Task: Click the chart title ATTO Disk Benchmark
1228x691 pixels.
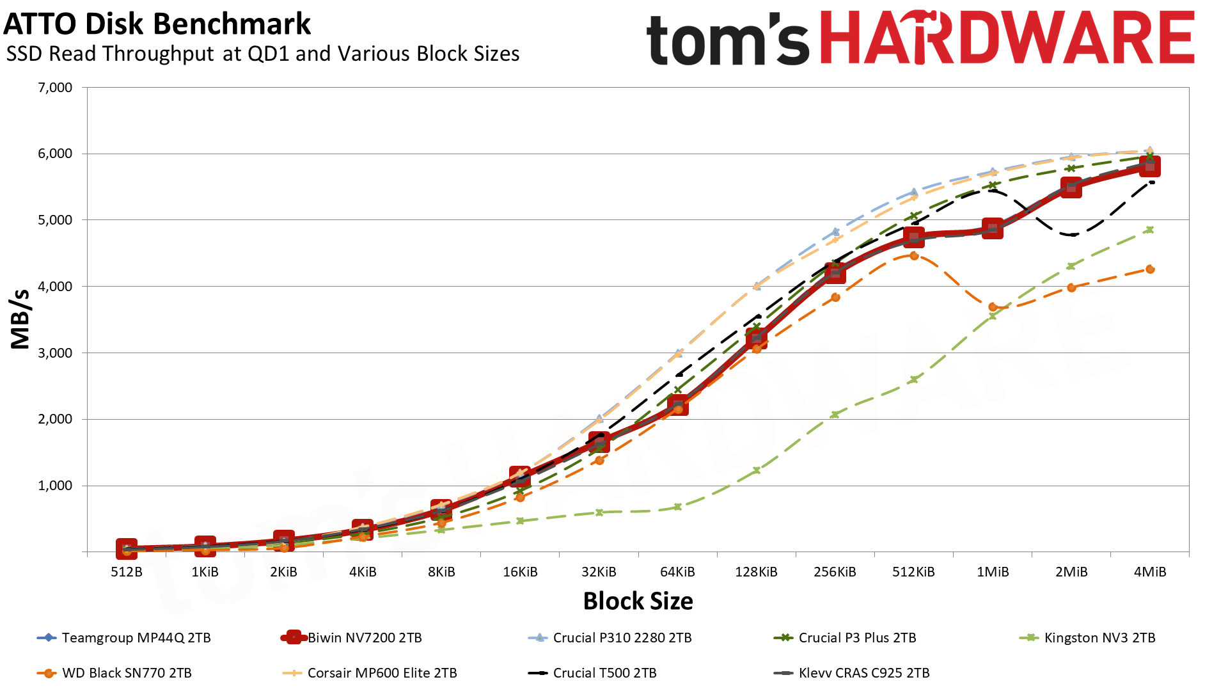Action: [157, 24]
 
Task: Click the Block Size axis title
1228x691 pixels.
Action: [638, 601]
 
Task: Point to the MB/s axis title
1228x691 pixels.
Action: [20, 319]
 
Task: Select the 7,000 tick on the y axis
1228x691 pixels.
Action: [55, 88]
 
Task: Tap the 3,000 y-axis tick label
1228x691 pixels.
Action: [55, 353]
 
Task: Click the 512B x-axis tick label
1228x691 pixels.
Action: [127, 572]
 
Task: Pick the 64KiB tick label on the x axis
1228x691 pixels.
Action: [677, 572]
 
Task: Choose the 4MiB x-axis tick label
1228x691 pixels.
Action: [1149, 572]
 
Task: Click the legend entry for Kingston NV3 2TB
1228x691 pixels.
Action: [1099, 638]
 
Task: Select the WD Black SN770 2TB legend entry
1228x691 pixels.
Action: [127, 673]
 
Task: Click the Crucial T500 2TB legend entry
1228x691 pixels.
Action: [604, 673]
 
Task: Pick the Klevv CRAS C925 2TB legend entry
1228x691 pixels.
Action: [863, 673]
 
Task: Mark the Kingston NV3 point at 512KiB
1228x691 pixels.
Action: [914, 379]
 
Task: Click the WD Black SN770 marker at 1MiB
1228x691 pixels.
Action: [993, 307]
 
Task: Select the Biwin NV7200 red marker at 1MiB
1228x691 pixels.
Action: [993, 228]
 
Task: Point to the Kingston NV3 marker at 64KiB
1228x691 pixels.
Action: [678, 507]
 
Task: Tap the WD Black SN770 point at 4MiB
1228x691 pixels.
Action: [1150, 269]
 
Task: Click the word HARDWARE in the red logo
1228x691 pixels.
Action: [1007, 38]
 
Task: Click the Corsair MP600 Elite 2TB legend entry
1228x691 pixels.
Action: [382, 673]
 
